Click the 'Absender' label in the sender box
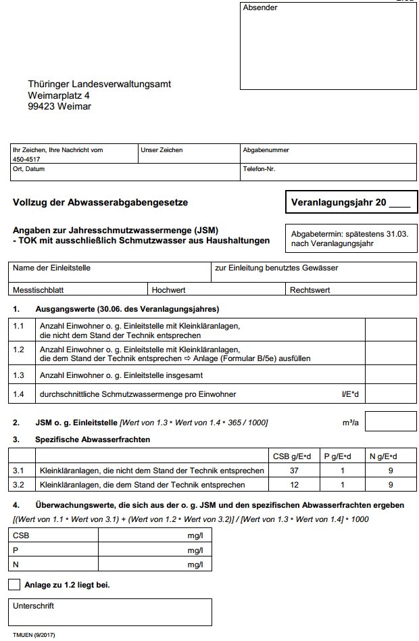coord(260,8)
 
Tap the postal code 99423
coord(41,106)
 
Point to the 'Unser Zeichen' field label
coord(162,150)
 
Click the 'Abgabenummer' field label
coord(266,150)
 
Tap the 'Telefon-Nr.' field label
coord(260,169)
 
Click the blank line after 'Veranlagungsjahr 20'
coord(399,202)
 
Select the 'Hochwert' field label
coord(169,289)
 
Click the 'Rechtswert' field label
coord(310,289)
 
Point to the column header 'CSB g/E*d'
coord(291,456)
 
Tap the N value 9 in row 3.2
coord(390,485)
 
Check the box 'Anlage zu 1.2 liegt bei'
coord(14,585)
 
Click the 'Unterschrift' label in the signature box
coord(33,606)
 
